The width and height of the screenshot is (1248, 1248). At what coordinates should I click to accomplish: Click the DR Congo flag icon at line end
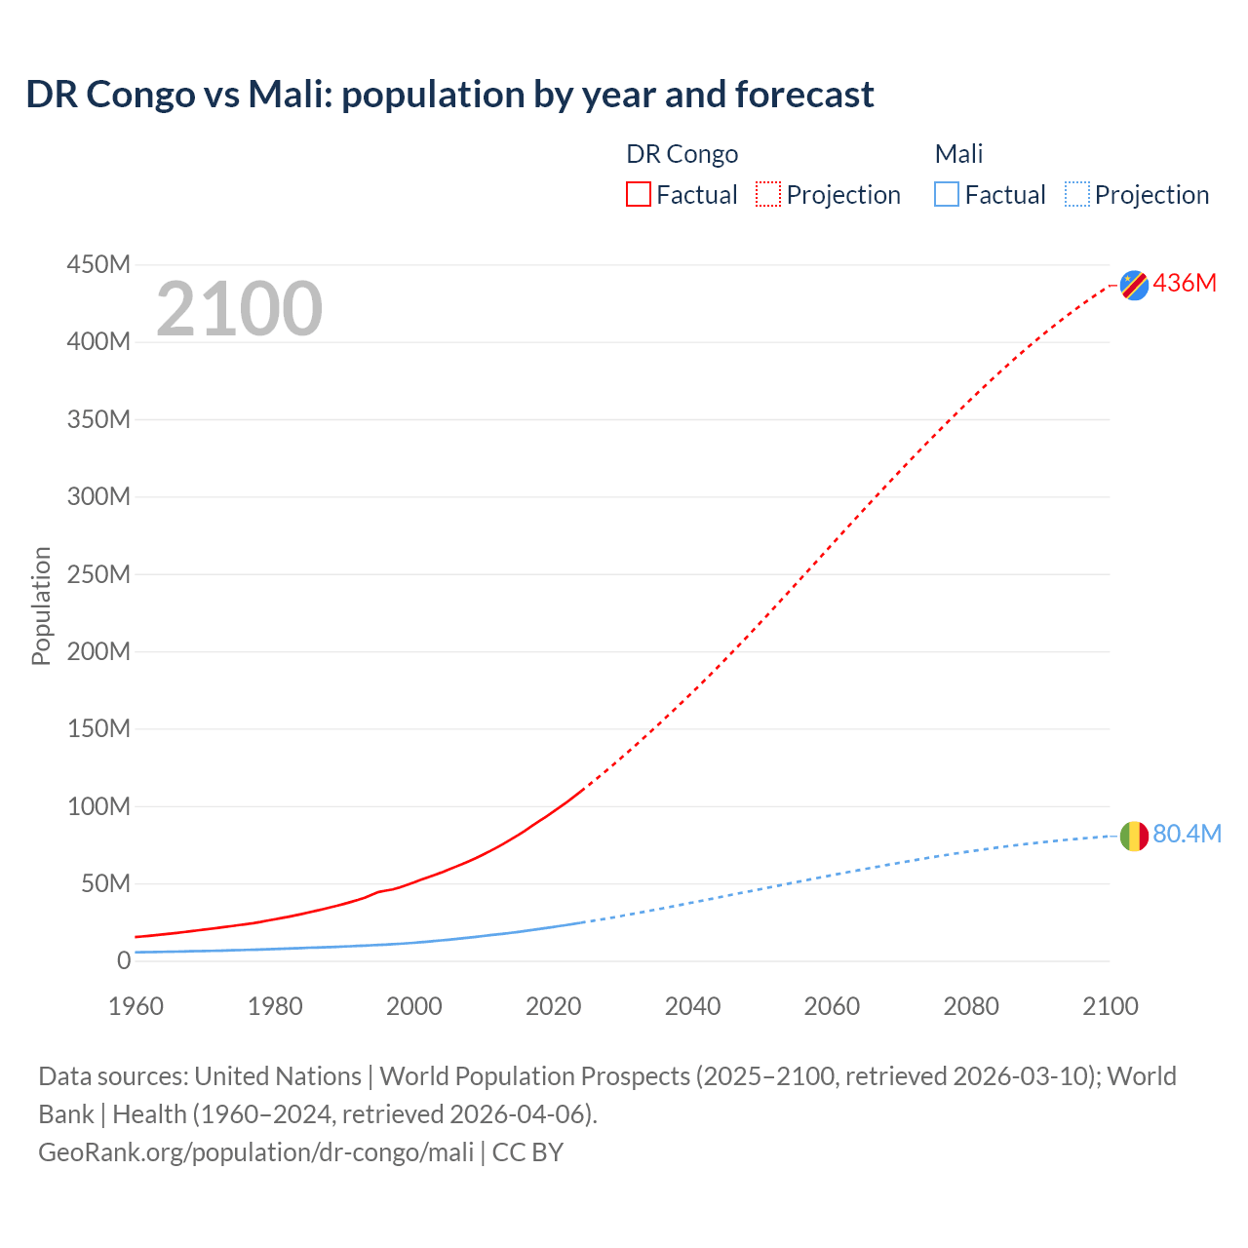[x=1134, y=285]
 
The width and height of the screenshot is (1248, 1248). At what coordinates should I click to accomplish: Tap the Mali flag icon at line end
[x=1134, y=836]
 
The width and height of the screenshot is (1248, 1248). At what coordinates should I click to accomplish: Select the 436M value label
[x=1185, y=283]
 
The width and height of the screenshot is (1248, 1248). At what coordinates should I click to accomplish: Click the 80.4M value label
[x=1187, y=834]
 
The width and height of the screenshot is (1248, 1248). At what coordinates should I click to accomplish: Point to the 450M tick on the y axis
[x=98, y=264]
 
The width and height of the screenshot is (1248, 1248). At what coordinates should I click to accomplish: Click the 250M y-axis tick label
[x=98, y=574]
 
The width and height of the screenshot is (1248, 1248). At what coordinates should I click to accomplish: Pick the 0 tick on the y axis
[x=123, y=960]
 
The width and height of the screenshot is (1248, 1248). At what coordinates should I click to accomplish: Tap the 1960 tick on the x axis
[x=136, y=1006]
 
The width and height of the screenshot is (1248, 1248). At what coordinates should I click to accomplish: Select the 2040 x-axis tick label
[x=692, y=1006]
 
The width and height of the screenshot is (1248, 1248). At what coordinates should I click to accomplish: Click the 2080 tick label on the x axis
[x=970, y=1006]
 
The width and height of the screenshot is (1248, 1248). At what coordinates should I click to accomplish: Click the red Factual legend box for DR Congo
[x=639, y=194]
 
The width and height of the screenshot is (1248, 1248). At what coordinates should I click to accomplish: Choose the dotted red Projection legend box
[x=768, y=194]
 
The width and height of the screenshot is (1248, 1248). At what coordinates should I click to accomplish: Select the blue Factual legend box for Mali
[x=947, y=194]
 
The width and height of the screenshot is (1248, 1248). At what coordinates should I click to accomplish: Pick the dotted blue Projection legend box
[x=1077, y=194]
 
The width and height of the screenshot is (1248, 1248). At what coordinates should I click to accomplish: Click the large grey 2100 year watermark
[x=239, y=309]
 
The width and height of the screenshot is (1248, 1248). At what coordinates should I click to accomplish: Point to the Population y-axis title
[x=41, y=605]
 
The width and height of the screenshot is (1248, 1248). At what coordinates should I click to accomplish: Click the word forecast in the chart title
[x=804, y=95]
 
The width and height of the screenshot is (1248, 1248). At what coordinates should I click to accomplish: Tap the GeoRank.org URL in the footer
[x=255, y=1151]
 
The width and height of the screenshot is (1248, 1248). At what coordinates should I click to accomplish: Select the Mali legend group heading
[x=958, y=154]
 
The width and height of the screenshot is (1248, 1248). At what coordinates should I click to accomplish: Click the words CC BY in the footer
[x=527, y=1151]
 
